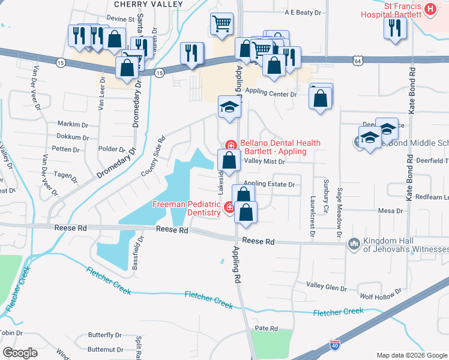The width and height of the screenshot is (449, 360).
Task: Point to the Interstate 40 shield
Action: pyautogui.click(x=335, y=346)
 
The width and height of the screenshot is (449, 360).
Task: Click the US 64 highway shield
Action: pyautogui.click(x=358, y=61)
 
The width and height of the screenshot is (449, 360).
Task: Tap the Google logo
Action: pyautogui.click(x=20, y=352)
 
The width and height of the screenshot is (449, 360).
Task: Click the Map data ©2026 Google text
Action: pyautogui.click(x=411, y=355)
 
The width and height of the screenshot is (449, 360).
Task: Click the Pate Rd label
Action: pyautogui.click(x=266, y=329)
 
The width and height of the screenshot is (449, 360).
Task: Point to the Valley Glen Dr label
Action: pyautogui.click(x=327, y=286)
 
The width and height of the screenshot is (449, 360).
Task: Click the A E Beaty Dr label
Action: pyautogui.click(x=300, y=12)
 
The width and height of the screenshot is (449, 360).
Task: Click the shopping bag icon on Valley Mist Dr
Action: pyautogui.click(x=229, y=160)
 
